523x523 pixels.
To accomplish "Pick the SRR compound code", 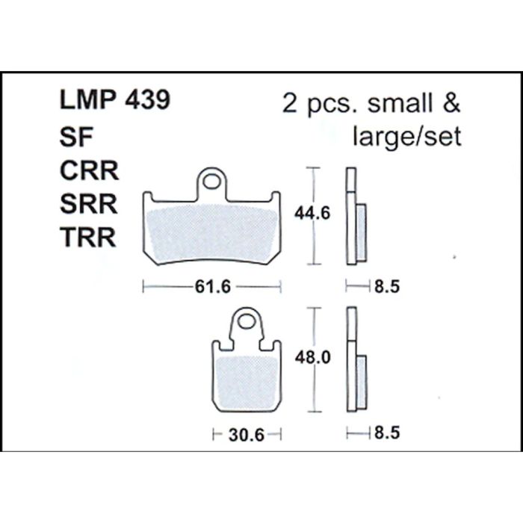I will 89,205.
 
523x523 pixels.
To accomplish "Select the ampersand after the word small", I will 451,102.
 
